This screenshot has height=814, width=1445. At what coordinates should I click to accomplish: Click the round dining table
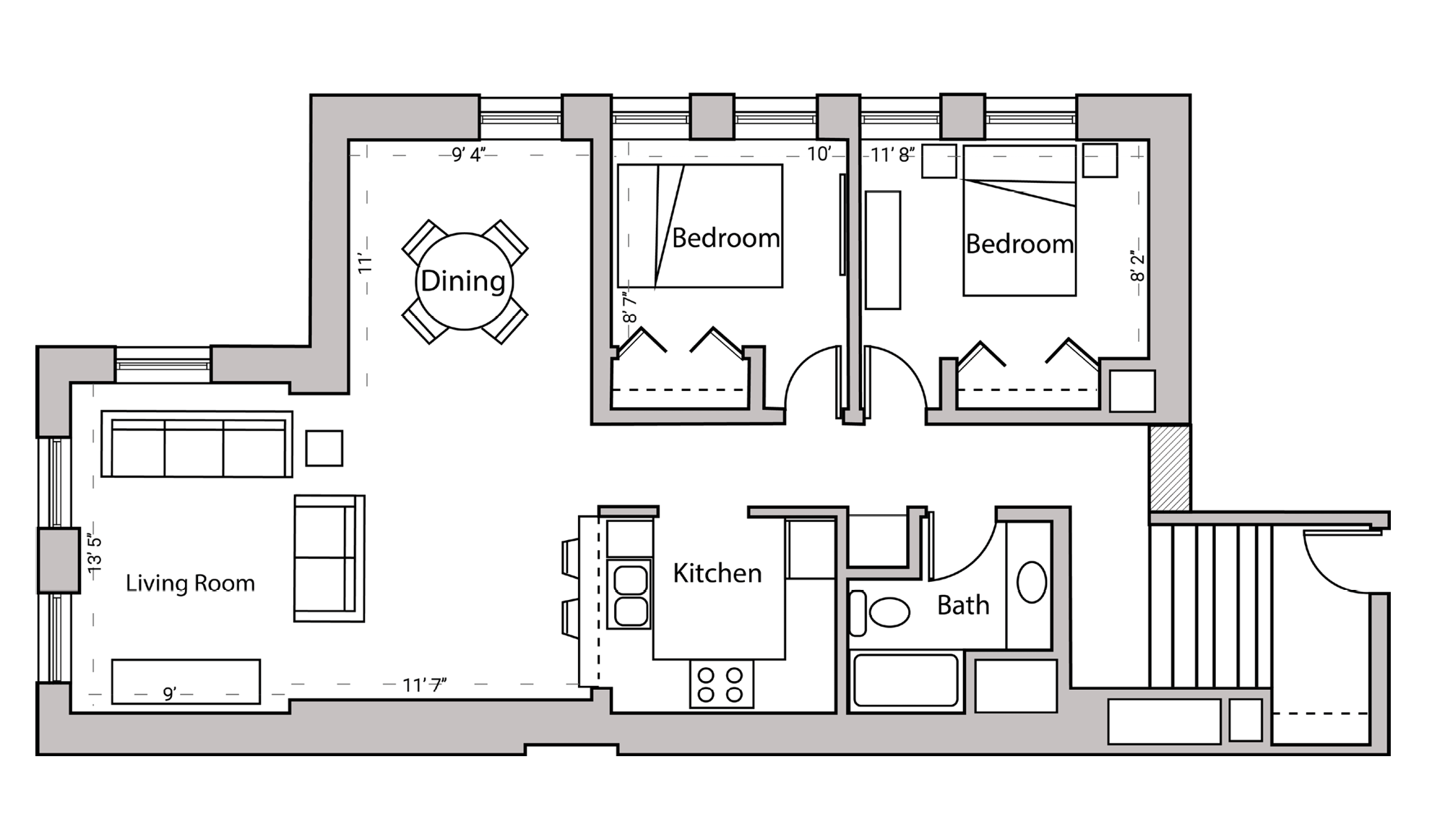tap(464, 281)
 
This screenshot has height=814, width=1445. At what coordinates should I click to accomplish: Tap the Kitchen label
tap(717, 573)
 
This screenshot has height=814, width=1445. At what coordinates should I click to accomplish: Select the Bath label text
tap(962, 605)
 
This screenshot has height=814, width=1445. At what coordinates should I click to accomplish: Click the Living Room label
tap(190, 583)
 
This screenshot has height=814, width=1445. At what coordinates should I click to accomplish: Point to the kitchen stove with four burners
tap(720, 684)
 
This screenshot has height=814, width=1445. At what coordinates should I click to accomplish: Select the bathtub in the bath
tap(905, 680)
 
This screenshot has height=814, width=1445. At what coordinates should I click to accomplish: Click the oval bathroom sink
tap(1031, 582)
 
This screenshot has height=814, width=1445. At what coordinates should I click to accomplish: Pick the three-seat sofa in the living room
tap(197, 445)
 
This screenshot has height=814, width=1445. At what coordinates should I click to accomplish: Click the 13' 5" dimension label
tap(95, 554)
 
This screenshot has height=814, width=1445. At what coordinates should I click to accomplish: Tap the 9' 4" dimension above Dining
tap(468, 155)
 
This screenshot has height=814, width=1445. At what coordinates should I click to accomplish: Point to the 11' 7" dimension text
tap(424, 685)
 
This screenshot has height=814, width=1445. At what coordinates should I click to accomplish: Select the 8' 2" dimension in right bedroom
tap(1138, 266)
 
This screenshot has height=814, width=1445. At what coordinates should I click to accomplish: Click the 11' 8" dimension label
tap(892, 155)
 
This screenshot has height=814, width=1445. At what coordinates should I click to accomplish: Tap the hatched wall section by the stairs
tap(1170, 468)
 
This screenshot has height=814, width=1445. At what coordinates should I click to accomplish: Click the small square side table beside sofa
tap(324, 448)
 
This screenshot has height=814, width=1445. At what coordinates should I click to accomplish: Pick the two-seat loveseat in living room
tap(329, 558)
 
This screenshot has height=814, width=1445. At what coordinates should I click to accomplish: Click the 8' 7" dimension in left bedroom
tap(629, 307)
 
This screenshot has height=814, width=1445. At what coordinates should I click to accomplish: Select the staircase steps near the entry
tap(1210, 606)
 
